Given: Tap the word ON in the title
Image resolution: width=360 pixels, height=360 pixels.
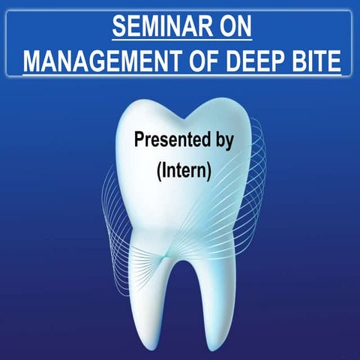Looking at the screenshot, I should coord(231,28).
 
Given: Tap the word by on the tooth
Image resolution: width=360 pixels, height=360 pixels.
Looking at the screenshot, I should coord(224,141).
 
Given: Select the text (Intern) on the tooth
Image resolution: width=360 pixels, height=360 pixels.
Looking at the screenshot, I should coord(184,169).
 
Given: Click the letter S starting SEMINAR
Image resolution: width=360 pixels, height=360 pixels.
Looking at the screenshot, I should coord(118,28).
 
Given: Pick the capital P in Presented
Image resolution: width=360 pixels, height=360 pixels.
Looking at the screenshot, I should coord(139,139).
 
